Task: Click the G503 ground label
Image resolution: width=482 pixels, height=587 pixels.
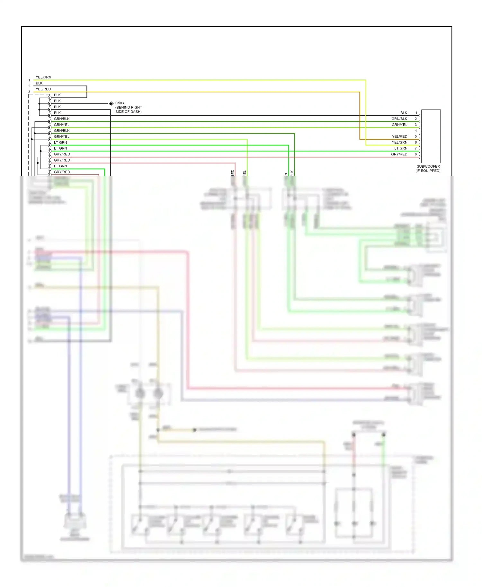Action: [x=120, y=103]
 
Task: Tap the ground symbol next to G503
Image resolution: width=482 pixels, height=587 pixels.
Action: [x=111, y=103]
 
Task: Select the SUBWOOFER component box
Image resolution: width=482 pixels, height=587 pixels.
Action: [x=431, y=136]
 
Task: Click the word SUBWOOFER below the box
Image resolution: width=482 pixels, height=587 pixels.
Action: [x=428, y=166]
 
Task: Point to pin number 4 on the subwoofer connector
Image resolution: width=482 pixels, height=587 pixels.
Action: [x=415, y=131]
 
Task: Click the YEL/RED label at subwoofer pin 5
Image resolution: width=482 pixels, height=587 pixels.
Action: [x=399, y=136]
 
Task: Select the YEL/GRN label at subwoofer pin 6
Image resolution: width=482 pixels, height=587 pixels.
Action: [x=399, y=142]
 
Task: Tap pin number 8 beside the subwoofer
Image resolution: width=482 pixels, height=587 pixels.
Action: [x=415, y=154]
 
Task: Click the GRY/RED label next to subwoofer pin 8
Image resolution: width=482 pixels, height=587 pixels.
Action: [x=399, y=154]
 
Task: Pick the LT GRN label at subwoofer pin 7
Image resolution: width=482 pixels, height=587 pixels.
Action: [x=401, y=148]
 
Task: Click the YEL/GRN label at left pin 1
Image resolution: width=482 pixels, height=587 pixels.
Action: [x=43, y=77]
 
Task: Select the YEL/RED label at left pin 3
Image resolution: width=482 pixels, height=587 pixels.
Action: [x=43, y=89]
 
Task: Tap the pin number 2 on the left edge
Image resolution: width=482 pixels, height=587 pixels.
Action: [x=29, y=86]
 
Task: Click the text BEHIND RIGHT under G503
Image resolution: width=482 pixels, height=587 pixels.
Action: [x=129, y=107]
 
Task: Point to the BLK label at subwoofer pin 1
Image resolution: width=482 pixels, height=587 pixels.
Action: [x=404, y=113]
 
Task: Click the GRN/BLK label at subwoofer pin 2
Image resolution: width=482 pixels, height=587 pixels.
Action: [x=399, y=119]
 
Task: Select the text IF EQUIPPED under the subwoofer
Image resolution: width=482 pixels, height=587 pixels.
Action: [x=428, y=171]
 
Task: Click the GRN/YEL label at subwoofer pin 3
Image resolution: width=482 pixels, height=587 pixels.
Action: [x=399, y=125]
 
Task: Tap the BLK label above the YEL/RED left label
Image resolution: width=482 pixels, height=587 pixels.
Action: [x=39, y=83]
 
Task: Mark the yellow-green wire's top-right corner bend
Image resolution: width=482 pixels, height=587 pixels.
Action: [x=366, y=80]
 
